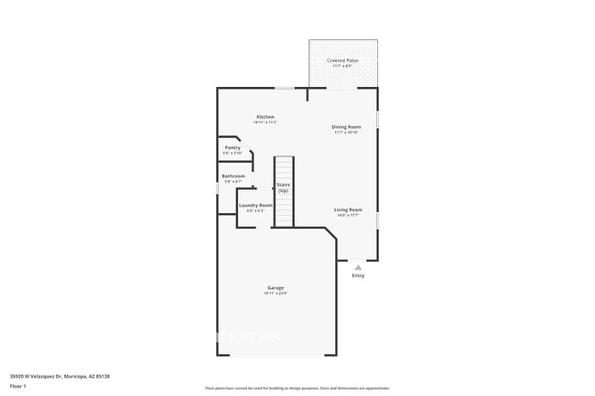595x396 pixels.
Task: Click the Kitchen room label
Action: [265, 117]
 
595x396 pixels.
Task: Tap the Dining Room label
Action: [346, 126]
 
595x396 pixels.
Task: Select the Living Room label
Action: [348, 209]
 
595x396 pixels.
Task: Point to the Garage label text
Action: [276, 288]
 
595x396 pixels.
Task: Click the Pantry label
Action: [233, 147]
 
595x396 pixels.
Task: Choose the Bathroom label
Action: [233, 176]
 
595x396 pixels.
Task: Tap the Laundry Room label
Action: [255, 205]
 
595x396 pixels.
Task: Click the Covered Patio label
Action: [343, 60]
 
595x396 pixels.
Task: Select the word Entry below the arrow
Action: [357, 275]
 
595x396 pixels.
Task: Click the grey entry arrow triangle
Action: [357, 266]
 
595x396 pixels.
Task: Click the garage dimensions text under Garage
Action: [276, 294]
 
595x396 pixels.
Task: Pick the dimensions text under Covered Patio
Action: [343, 67]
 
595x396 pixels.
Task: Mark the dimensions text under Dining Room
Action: [346, 133]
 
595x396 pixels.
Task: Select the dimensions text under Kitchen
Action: [265, 123]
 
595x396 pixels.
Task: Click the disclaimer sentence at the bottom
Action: [297, 388]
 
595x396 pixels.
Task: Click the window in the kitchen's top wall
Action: [286, 88]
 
